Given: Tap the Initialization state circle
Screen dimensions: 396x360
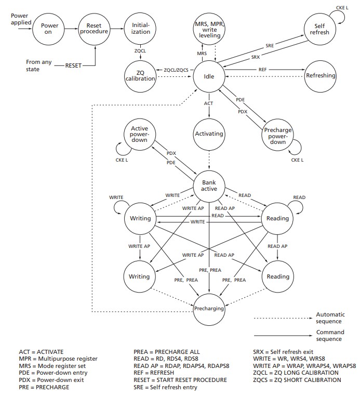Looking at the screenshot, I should click(x=140, y=28).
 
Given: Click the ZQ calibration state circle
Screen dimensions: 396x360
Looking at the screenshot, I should click(x=140, y=75).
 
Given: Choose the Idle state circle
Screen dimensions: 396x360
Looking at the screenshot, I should click(x=208, y=76).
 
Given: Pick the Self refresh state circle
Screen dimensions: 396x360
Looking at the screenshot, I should click(x=321, y=28).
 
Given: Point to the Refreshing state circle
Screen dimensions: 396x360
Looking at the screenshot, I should click(x=321, y=76).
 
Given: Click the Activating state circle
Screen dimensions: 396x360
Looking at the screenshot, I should click(x=208, y=134).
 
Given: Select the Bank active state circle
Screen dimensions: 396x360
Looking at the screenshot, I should click(x=208, y=184).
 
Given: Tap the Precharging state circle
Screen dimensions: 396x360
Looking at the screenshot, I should click(x=209, y=309).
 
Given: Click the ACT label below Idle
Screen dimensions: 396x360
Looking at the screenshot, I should click(x=208, y=103).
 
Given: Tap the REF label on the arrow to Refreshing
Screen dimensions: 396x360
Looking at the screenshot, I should click(x=263, y=69).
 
